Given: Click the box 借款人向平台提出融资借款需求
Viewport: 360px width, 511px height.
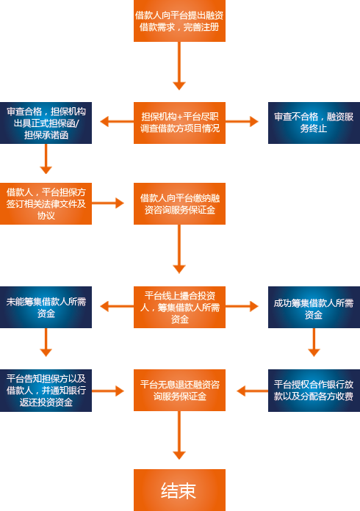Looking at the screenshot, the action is pyautogui.click(x=179, y=21).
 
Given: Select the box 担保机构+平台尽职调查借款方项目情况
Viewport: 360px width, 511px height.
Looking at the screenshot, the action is pyautogui.click(x=179, y=123).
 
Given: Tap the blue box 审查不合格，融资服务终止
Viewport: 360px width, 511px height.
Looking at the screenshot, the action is pyautogui.click(x=314, y=123).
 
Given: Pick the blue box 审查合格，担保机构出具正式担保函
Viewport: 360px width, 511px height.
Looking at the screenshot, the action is pyautogui.click(x=46, y=123).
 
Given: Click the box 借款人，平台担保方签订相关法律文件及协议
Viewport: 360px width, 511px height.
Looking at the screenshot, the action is pyautogui.click(x=46, y=203).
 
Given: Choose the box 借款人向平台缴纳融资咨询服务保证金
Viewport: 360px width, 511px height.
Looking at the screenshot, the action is pyautogui.click(x=179, y=203).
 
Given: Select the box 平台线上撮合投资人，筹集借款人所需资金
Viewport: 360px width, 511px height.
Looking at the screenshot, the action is pyautogui.click(x=179, y=307).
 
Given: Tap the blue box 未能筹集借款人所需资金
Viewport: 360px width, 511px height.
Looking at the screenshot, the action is pyautogui.click(x=46, y=307).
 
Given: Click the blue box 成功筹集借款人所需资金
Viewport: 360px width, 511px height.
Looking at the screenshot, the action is pyautogui.click(x=314, y=307).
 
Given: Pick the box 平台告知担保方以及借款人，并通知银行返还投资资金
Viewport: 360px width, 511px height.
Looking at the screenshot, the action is pyautogui.click(x=46, y=391).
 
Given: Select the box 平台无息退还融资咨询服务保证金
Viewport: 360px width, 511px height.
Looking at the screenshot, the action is pyautogui.click(x=179, y=390).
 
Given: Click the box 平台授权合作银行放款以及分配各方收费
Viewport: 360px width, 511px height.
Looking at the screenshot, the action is pyautogui.click(x=314, y=391).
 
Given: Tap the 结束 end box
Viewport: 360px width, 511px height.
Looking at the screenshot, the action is pyautogui.click(x=179, y=490).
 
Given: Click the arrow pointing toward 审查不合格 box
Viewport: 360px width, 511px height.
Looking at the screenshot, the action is pyautogui.click(x=242, y=122).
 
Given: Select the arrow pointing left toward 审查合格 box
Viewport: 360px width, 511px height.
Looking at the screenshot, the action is pyautogui.click(x=117, y=122).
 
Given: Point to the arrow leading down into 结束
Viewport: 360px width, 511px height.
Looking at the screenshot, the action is pyautogui.click(x=179, y=435).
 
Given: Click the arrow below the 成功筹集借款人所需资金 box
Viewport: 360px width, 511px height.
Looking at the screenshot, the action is pyautogui.click(x=314, y=342).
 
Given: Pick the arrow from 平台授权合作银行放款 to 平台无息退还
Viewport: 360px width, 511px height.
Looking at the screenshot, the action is pyautogui.click(x=253, y=391).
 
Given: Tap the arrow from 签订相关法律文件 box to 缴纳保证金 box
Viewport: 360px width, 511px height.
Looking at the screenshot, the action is pyautogui.click(x=108, y=203).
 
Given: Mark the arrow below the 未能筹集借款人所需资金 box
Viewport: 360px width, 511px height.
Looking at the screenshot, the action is pyautogui.click(x=46, y=342).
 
